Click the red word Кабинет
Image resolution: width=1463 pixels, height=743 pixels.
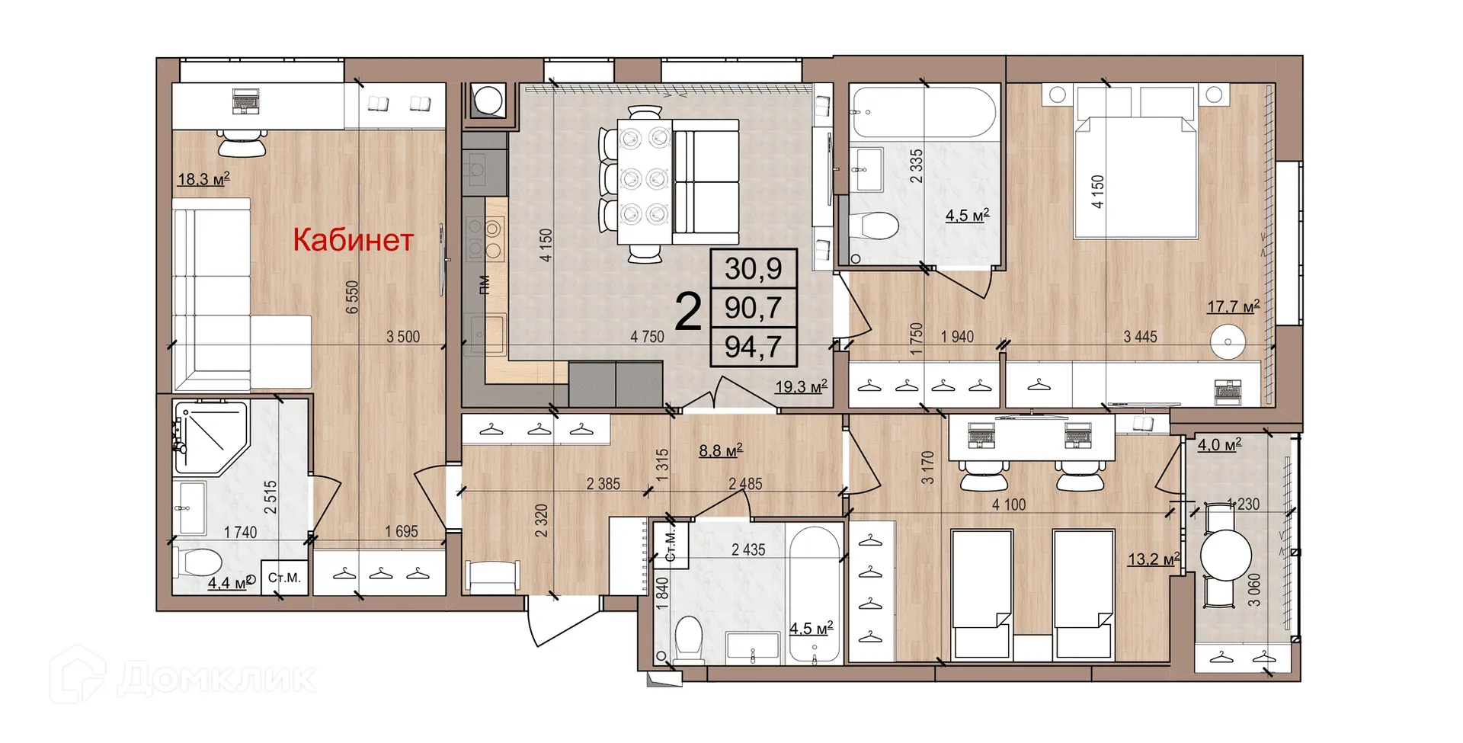pos(353,240)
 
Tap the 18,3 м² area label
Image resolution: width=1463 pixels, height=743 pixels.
pos(203,180)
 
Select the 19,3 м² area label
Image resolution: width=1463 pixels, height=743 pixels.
pos(800,387)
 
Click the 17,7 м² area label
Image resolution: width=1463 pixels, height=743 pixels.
pos(1232,307)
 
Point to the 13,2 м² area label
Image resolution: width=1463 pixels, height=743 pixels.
pos(1153,559)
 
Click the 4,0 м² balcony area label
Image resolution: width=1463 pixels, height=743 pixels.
pos(1218,445)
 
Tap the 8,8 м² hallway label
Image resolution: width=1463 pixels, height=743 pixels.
pos(720,451)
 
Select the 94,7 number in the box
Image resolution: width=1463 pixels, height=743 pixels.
pos(753,347)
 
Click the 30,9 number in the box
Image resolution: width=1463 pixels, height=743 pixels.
pos(753,269)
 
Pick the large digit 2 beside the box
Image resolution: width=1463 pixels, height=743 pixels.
pos(688,312)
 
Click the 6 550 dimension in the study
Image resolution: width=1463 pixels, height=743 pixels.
pos(352,297)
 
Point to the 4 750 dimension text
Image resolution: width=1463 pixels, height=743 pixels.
pos(647,337)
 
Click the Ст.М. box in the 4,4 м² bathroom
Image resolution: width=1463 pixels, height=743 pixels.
pos(284,578)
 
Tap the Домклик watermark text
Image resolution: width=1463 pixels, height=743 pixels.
pos(217,677)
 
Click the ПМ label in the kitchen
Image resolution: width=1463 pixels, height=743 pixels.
pos(484,285)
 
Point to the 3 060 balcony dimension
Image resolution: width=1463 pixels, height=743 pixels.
pos(1253,589)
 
